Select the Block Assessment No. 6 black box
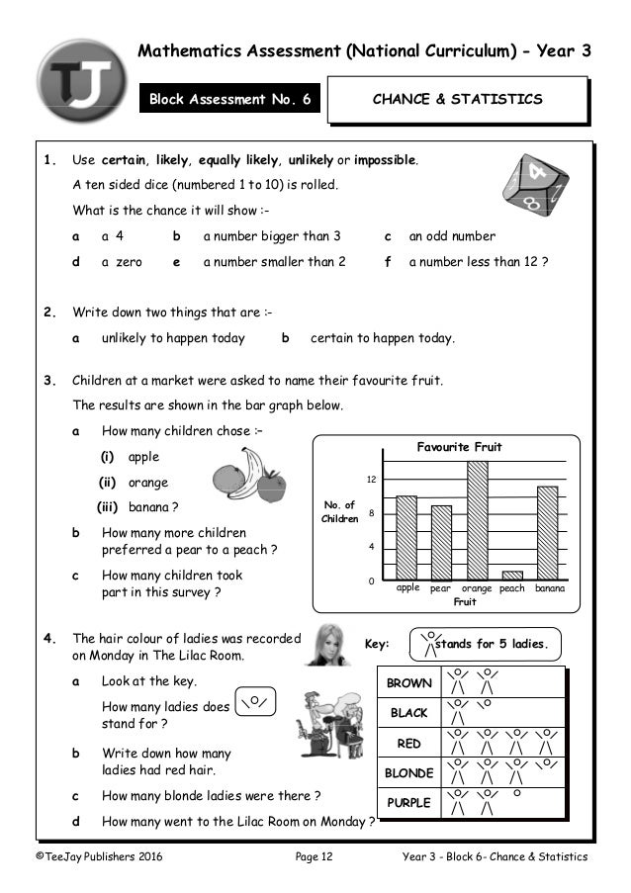230,100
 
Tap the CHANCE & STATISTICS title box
457,100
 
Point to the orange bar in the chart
477,520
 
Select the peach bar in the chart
511,575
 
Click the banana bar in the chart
547,532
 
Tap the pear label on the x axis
441,588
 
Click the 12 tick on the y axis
372,480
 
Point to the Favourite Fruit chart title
458,447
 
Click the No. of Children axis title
339,512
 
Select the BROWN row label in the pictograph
408,683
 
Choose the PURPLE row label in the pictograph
408,802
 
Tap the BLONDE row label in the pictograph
408,772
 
